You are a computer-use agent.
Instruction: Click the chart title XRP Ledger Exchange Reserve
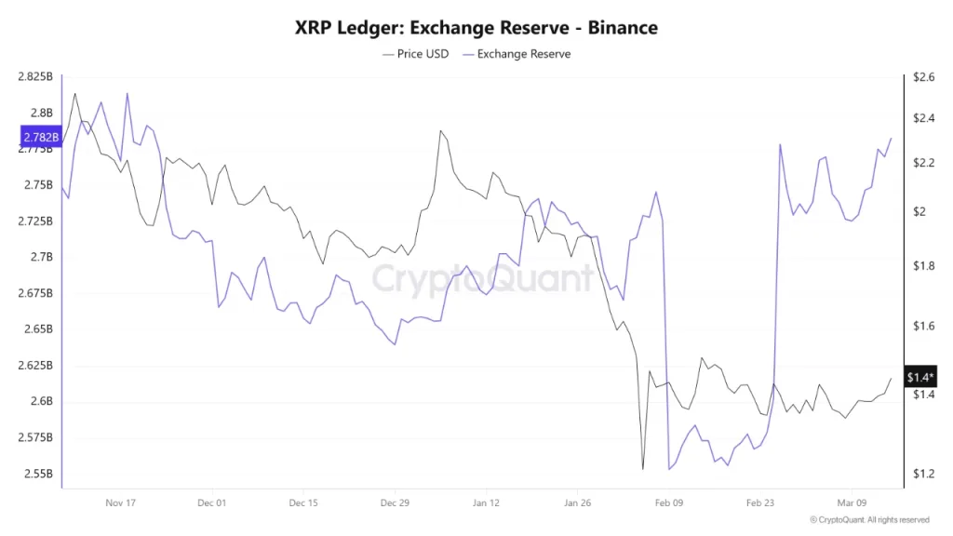click(x=476, y=27)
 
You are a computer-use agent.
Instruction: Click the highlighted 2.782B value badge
click(x=39, y=138)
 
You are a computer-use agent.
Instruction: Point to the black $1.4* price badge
click(x=919, y=377)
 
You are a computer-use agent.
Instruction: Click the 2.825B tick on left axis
click(x=35, y=77)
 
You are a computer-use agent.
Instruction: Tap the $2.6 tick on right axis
click(x=923, y=77)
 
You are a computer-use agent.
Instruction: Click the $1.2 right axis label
click(x=923, y=474)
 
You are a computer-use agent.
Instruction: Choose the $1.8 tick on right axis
click(x=923, y=266)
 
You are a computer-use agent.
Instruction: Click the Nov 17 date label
click(x=121, y=502)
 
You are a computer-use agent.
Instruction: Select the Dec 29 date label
click(x=395, y=502)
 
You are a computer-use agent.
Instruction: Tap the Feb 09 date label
click(x=669, y=502)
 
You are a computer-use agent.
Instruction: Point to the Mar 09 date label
click(x=852, y=502)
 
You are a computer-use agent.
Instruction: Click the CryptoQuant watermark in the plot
click(x=482, y=278)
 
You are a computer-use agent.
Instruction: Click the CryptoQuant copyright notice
click(x=869, y=520)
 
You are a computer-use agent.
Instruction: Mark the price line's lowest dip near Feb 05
click(x=642, y=469)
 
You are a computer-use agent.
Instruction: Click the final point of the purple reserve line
click(x=892, y=138)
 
